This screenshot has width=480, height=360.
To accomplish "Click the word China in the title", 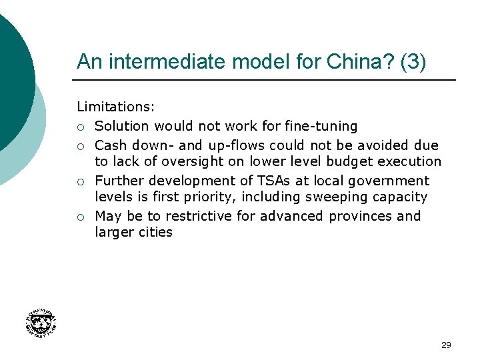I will tap(351, 62).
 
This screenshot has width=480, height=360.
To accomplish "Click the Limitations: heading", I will tap(116, 107).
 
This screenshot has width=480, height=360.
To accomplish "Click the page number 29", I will tap(446, 345).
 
